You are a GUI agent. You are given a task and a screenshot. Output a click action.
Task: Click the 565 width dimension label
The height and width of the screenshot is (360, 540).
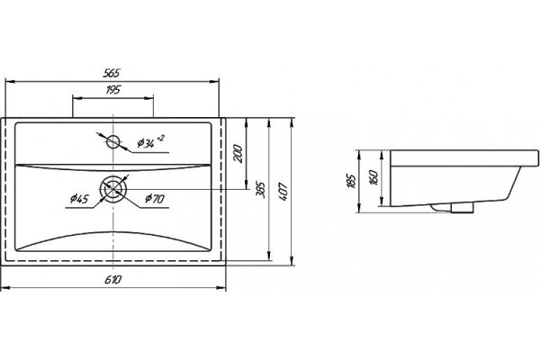coord(112,73)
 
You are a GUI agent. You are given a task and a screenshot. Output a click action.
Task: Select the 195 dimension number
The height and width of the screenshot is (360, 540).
coord(113,90)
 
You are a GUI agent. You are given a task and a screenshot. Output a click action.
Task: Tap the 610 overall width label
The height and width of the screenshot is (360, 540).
coord(113,279)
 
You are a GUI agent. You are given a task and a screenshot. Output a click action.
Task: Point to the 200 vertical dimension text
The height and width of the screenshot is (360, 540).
coord(238,154)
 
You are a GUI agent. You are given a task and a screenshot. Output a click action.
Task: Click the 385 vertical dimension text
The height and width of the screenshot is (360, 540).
coord(261,190)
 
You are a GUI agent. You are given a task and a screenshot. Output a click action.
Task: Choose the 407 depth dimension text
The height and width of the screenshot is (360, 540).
coord(283,192)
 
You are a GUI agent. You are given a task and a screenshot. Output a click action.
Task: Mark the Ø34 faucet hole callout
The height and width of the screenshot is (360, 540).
coord(146,143)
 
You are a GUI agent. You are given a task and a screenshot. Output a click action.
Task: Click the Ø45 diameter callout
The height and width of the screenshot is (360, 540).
coord(79,199)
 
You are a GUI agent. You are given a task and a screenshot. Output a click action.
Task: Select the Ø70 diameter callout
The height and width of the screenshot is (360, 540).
coord(155,199)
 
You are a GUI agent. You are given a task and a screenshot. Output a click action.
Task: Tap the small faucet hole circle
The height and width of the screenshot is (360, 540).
coord(112,141)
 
